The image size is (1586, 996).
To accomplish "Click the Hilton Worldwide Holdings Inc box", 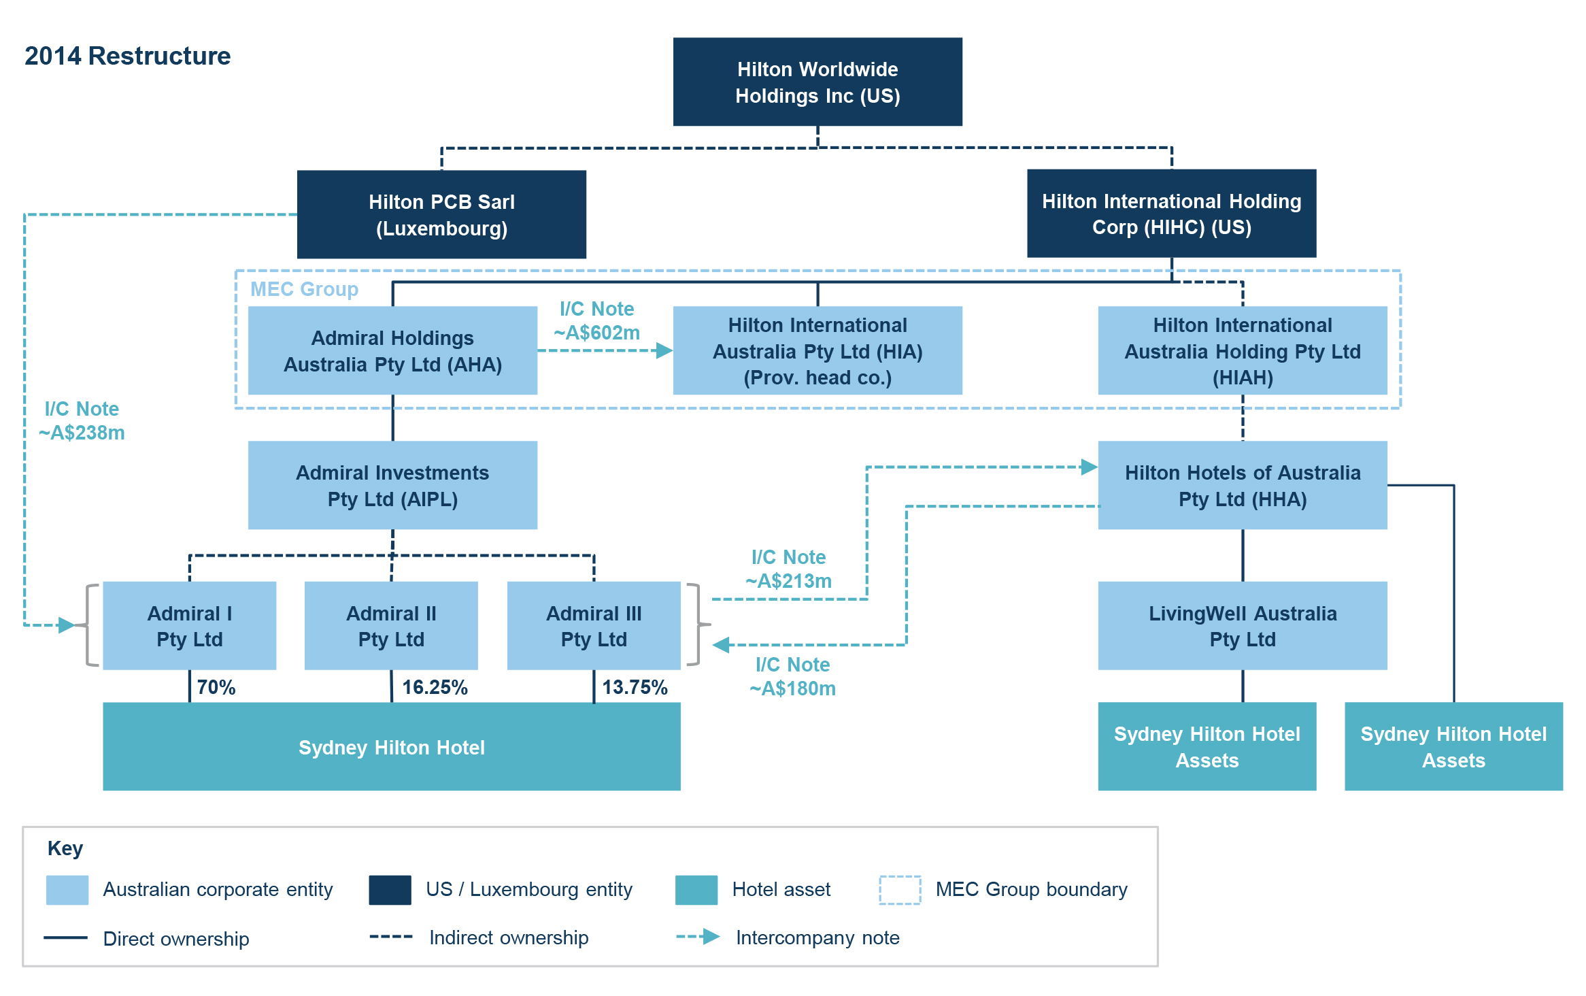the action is tap(817, 82).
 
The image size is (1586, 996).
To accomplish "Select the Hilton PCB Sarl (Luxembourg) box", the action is tap(441, 214).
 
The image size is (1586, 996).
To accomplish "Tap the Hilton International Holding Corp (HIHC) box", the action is tap(1171, 214).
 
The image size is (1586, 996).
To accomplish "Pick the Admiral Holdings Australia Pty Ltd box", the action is tap(392, 350).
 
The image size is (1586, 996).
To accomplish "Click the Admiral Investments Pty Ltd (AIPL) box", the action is tap(392, 485).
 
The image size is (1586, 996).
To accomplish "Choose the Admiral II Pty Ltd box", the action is tap(391, 626).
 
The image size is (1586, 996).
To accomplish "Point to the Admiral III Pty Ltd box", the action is tap(594, 626).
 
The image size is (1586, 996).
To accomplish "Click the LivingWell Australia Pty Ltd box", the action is tap(1243, 626).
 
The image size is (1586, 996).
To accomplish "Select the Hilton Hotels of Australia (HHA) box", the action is tap(1243, 485).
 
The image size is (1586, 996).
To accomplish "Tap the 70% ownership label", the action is tap(216, 687).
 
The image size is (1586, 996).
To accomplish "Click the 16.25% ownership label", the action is tap(435, 687).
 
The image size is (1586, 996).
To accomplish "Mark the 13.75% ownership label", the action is tap(635, 687).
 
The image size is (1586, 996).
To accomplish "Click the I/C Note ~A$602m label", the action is tap(596, 320).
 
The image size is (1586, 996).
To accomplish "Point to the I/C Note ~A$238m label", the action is tap(82, 420).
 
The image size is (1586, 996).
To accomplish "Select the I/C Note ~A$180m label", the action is tap(792, 676).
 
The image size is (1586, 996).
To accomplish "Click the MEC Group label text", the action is tap(304, 289).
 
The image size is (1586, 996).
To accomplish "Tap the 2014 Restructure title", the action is tap(127, 56).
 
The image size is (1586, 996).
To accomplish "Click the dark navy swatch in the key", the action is tap(390, 890).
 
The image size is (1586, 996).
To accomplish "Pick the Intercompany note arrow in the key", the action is tap(698, 937).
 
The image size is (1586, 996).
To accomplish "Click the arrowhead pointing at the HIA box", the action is tap(664, 350).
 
